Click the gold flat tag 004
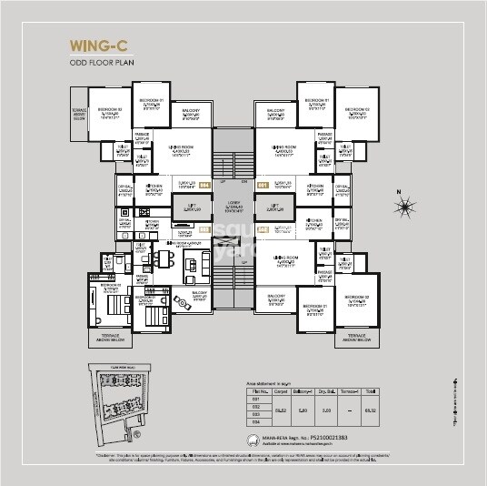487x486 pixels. pos(204,186)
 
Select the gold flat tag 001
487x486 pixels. pos(263,186)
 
